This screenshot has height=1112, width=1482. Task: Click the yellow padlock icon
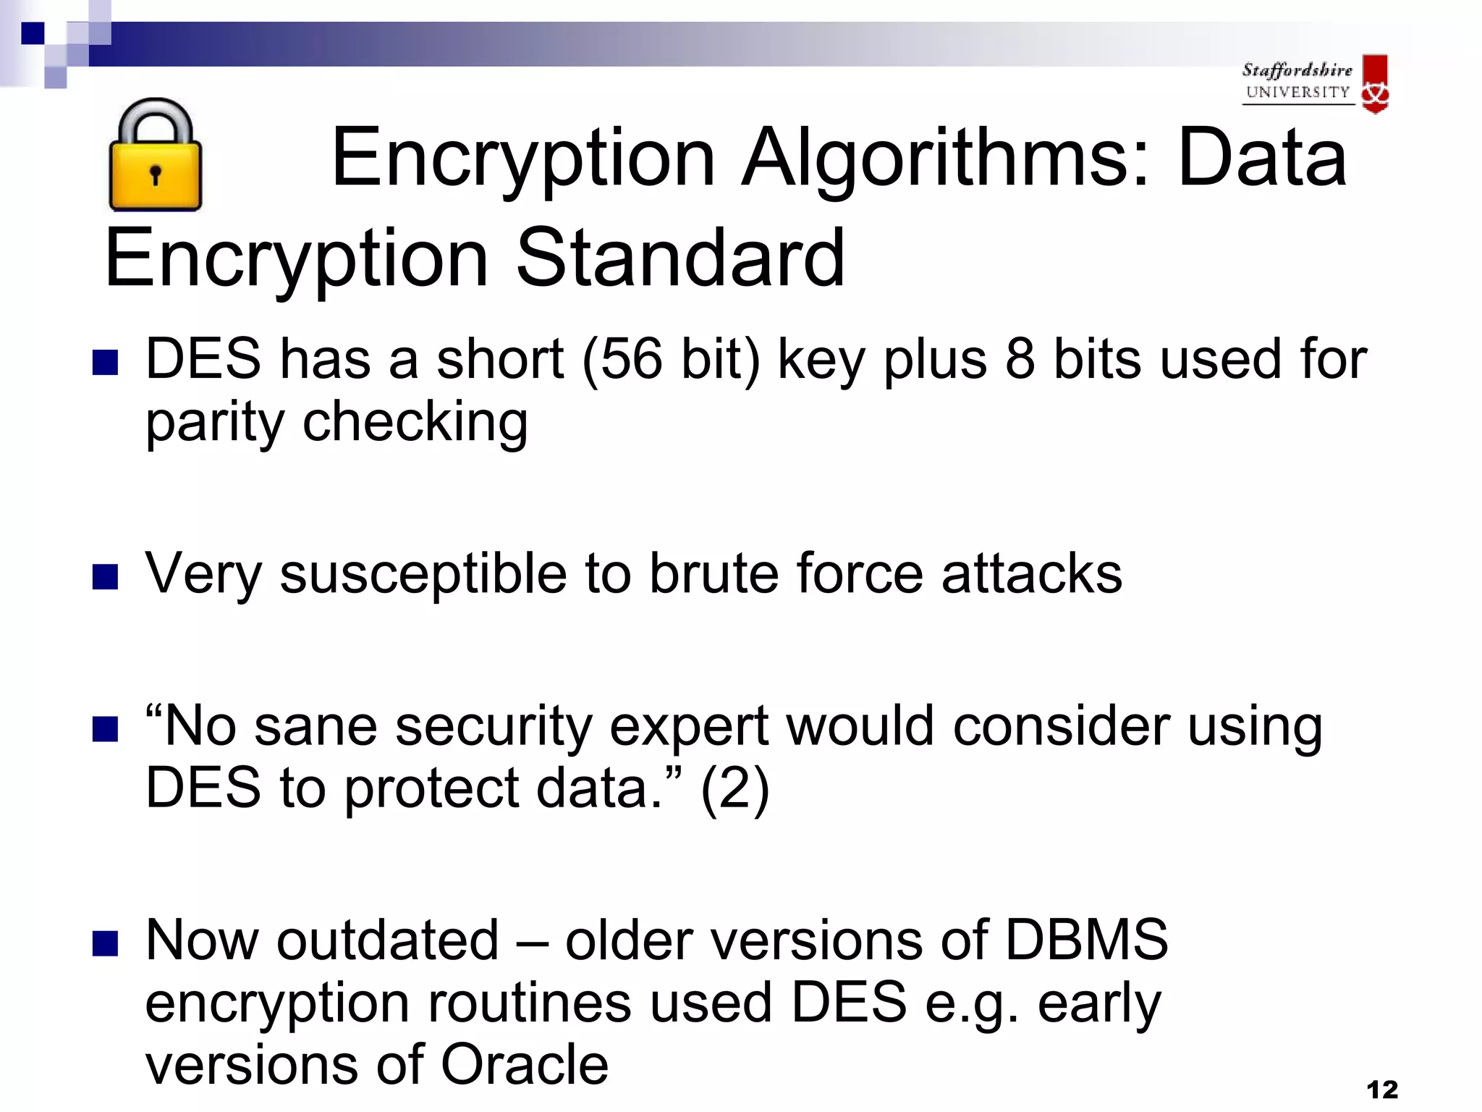(155, 156)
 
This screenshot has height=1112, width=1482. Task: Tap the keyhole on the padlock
(155, 174)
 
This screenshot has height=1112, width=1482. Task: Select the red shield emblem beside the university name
(1374, 83)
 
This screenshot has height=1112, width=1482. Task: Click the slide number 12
(1382, 1090)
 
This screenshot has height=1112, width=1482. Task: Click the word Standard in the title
(680, 258)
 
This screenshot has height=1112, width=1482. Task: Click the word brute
(714, 573)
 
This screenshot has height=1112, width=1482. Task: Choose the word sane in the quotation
(316, 726)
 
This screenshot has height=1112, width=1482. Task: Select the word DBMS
(1086, 940)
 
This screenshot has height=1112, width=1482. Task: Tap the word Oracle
(525, 1064)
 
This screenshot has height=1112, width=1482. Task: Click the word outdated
(388, 940)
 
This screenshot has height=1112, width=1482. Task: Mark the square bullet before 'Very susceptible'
(106, 577)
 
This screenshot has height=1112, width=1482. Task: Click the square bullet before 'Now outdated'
(106, 943)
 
